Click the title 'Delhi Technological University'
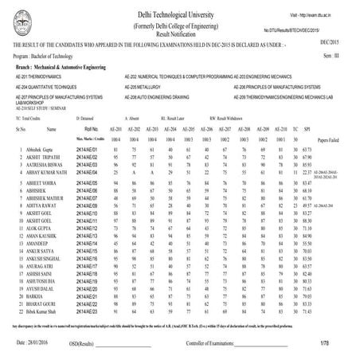point(181,16)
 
